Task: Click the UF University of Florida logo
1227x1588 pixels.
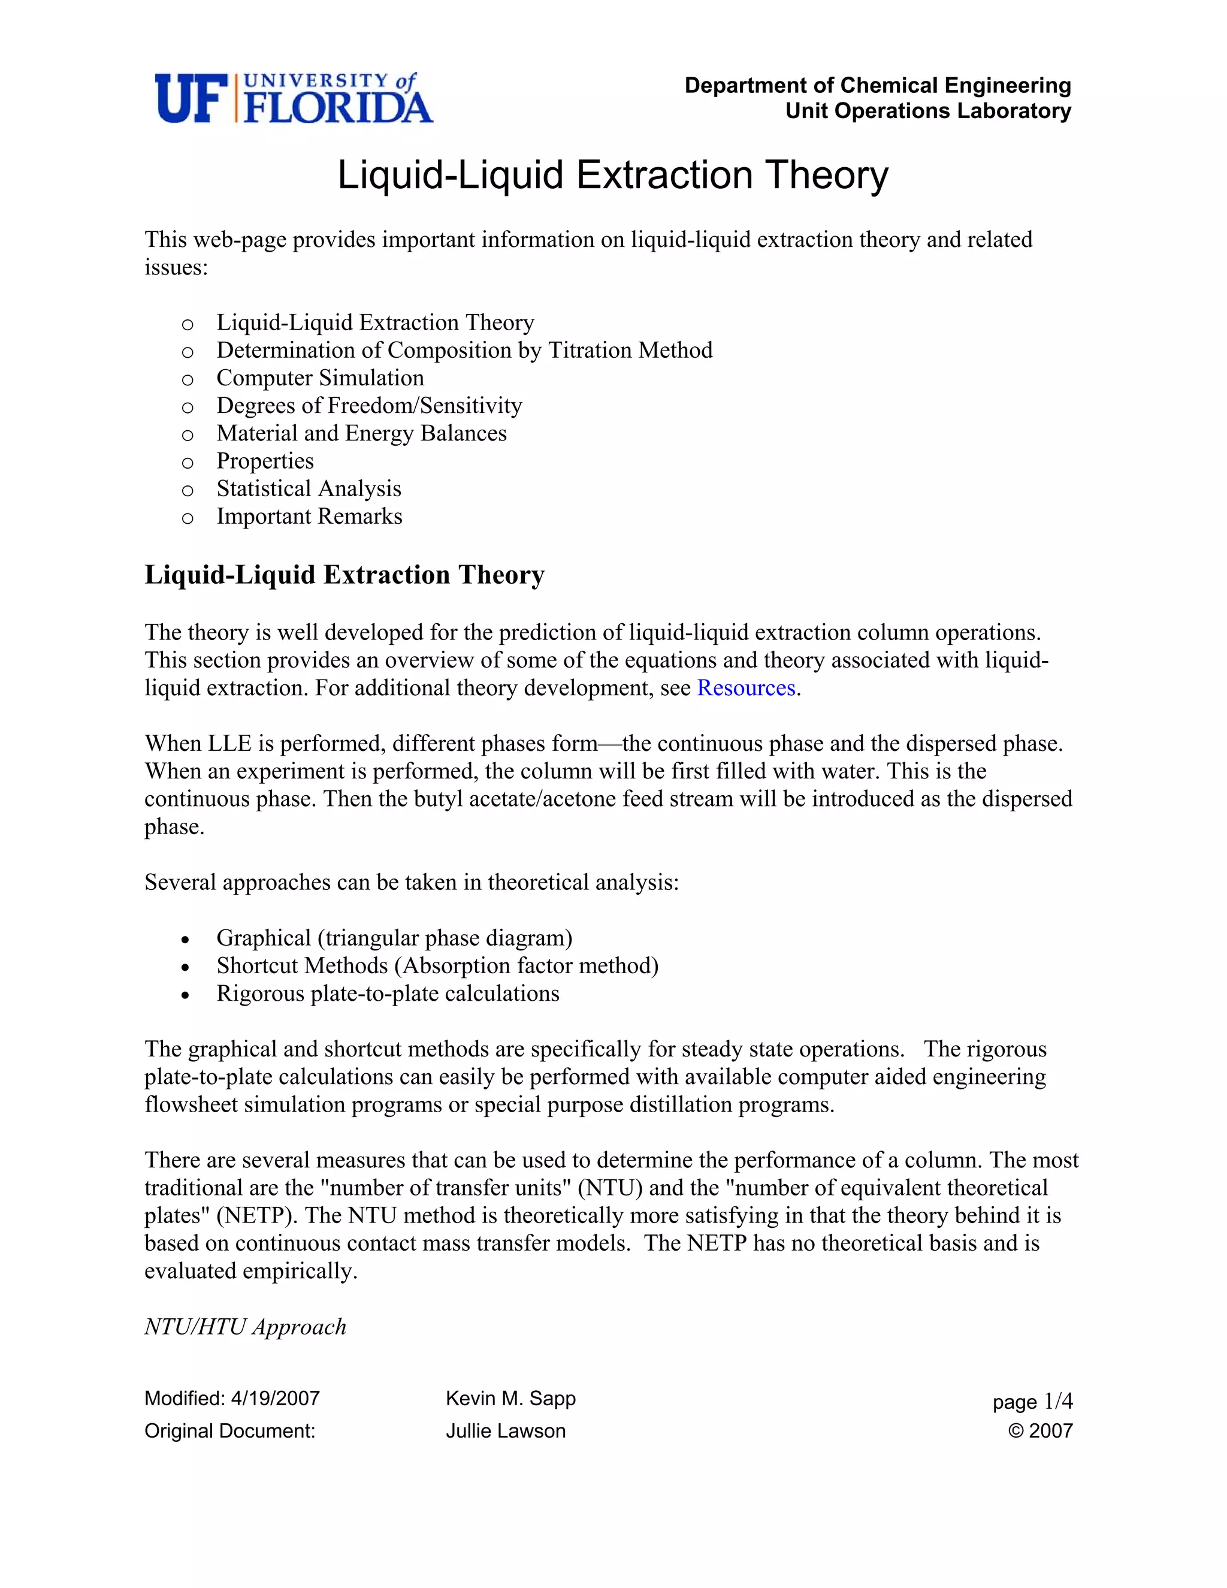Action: pos(294,98)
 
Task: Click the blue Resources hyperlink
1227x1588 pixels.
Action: pos(746,688)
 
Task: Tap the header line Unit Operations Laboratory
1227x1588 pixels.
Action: pos(927,111)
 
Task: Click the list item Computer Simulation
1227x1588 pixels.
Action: pos(320,378)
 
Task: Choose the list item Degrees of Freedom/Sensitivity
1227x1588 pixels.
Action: pos(369,406)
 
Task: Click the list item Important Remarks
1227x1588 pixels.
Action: pos(309,516)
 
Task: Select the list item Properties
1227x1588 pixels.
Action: pos(265,461)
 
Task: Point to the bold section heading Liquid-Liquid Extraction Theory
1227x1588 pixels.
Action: pos(344,575)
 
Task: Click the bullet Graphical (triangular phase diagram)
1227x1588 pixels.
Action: pos(394,938)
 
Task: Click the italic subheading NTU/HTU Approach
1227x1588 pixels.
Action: pos(245,1327)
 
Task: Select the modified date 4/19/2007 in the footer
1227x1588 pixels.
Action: pos(275,1398)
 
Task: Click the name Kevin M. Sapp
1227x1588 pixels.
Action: pos(510,1398)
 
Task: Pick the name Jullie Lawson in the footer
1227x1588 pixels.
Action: pos(505,1431)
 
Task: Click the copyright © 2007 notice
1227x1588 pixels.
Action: pos(1040,1431)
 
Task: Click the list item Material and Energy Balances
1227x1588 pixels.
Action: pos(361,433)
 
